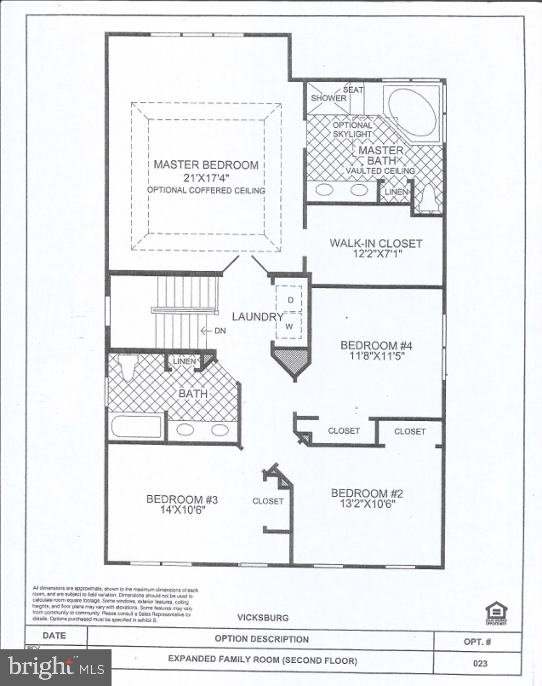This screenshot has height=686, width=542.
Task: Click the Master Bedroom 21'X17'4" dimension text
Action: (206, 178)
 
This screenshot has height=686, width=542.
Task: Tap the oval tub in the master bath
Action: (411, 111)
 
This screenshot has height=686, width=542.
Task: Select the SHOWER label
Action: (328, 98)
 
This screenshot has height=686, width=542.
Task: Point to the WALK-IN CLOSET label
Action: (376, 243)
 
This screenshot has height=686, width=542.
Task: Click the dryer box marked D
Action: (290, 300)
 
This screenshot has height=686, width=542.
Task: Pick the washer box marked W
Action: (289, 326)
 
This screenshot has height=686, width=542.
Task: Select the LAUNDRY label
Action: (257, 317)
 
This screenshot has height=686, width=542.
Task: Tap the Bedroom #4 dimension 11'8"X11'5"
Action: (376, 356)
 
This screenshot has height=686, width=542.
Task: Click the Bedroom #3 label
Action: (182, 499)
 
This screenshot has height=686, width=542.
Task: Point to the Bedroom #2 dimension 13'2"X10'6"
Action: (367, 504)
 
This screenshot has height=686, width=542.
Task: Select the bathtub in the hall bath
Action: (136, 427)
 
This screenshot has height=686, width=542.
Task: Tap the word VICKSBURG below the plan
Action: (263, 618)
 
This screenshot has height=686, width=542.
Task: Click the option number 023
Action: (480, 663)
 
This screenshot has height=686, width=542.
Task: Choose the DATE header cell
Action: (54, 636)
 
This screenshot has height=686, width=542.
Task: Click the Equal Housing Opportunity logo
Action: (496, 613)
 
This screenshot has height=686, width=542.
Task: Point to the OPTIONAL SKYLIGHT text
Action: (352, 130)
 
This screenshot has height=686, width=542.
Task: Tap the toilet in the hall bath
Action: (129, 368)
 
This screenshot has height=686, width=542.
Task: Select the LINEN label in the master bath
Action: (396, 192)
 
